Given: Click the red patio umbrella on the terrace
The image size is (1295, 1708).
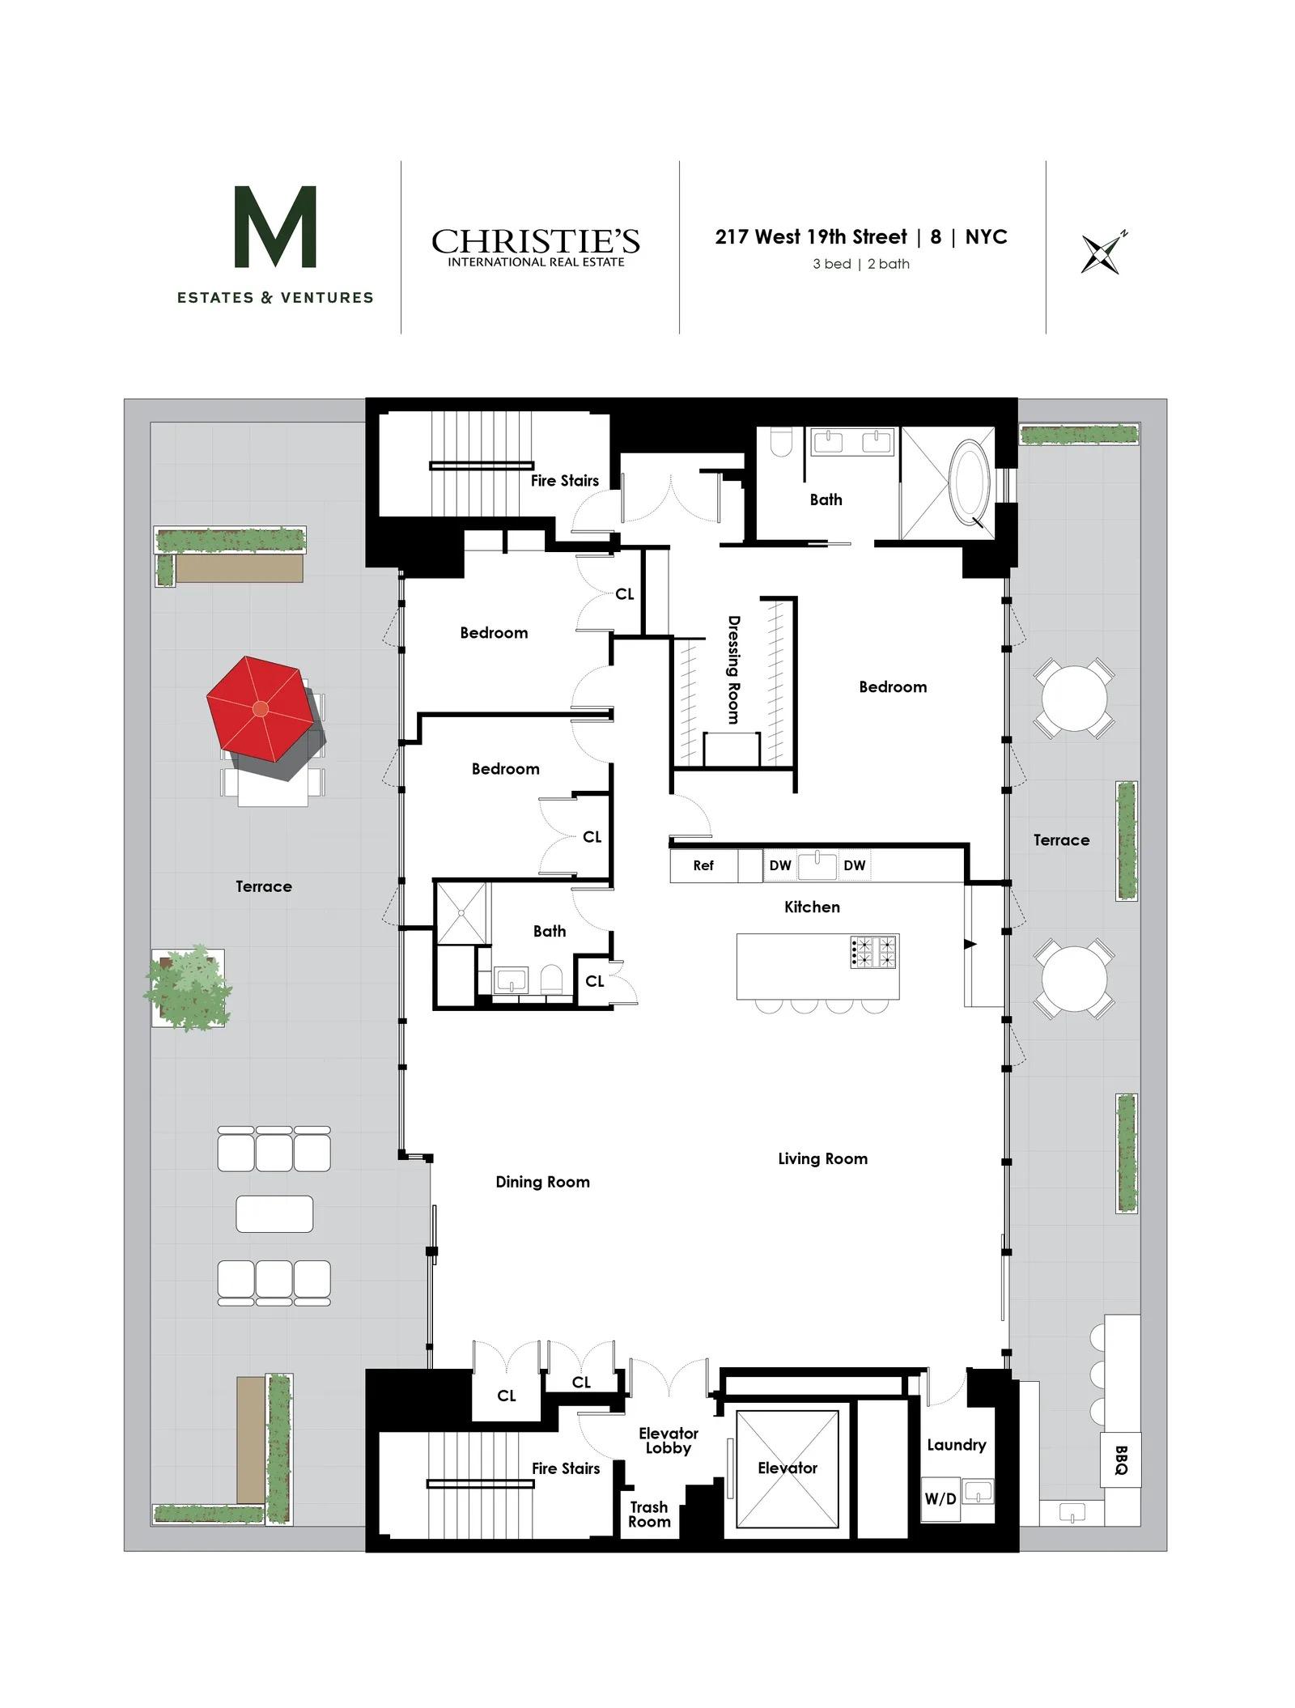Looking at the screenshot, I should coord(260,708).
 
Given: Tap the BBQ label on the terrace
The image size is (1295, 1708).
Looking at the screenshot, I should coord(1120,1459).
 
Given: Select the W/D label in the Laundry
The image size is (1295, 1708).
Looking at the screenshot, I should coord(940,1498).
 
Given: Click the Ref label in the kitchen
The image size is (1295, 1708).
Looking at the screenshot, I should coord(703,865).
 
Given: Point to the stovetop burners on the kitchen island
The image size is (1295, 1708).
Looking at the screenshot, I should coord(873,952).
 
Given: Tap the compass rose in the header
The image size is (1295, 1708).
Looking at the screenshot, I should coord(1103,253).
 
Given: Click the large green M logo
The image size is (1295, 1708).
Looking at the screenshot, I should coord(275,227).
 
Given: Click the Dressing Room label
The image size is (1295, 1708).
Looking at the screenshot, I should coord(733,669).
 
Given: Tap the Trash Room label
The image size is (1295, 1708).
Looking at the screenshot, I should coord(649,1514).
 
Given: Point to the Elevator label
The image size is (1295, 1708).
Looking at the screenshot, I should coord(788,1468).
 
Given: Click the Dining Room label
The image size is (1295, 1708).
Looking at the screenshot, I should coord(542,1182).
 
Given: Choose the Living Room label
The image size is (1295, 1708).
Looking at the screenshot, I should coord(822,1158).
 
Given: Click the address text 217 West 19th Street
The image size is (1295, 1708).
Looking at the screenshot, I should coord(811,237).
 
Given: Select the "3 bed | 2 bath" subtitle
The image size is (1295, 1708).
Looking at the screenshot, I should coord(861,264).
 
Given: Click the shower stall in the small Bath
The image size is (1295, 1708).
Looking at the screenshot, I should coord(462,912).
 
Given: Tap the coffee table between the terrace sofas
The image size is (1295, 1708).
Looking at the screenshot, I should coord(274,1214).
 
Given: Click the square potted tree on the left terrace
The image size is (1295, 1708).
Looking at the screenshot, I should coord(188,988).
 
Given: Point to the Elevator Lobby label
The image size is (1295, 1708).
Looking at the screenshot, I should coord(668,1440).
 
